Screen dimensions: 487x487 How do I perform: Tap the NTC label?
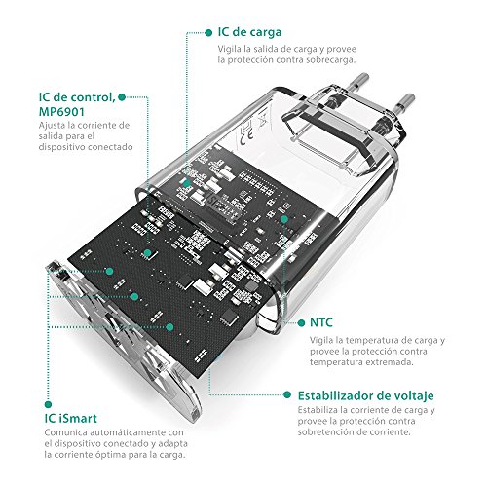click(x=322, y=319)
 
